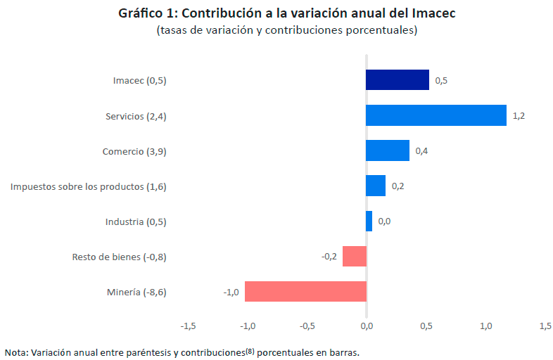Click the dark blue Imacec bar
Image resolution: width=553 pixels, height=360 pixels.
(x=397, y=80)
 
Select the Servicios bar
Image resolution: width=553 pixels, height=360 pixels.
(x=436, y=115)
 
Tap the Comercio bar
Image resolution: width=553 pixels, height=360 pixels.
(x=387, y=150)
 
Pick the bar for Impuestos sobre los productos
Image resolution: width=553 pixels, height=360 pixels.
(x=376, y=186)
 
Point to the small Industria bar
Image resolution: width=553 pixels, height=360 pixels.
(x=369, y=221)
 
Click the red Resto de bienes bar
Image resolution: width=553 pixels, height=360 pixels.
(x=355, y=256)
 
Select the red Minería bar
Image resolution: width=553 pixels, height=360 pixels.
(x=305, y=291)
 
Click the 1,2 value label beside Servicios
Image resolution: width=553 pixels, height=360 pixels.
(x=519, y=116)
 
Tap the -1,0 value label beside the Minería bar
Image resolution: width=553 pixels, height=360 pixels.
(x=231, y=292)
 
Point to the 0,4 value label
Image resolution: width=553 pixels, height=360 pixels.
(x=421, y=151)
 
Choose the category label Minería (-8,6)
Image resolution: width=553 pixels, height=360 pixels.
(x=136, y=292)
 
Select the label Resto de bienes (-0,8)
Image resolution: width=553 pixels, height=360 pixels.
(x=119, y=257)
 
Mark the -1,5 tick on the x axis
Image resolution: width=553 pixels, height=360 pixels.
(x=188, y=326)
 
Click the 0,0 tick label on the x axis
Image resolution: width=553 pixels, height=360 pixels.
(x=367, y=326)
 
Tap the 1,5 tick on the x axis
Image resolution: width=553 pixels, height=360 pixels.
(x=545, y=326)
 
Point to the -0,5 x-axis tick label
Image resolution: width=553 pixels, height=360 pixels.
(x=307, y=326)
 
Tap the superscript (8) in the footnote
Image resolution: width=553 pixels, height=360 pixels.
(x=249, y=350)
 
